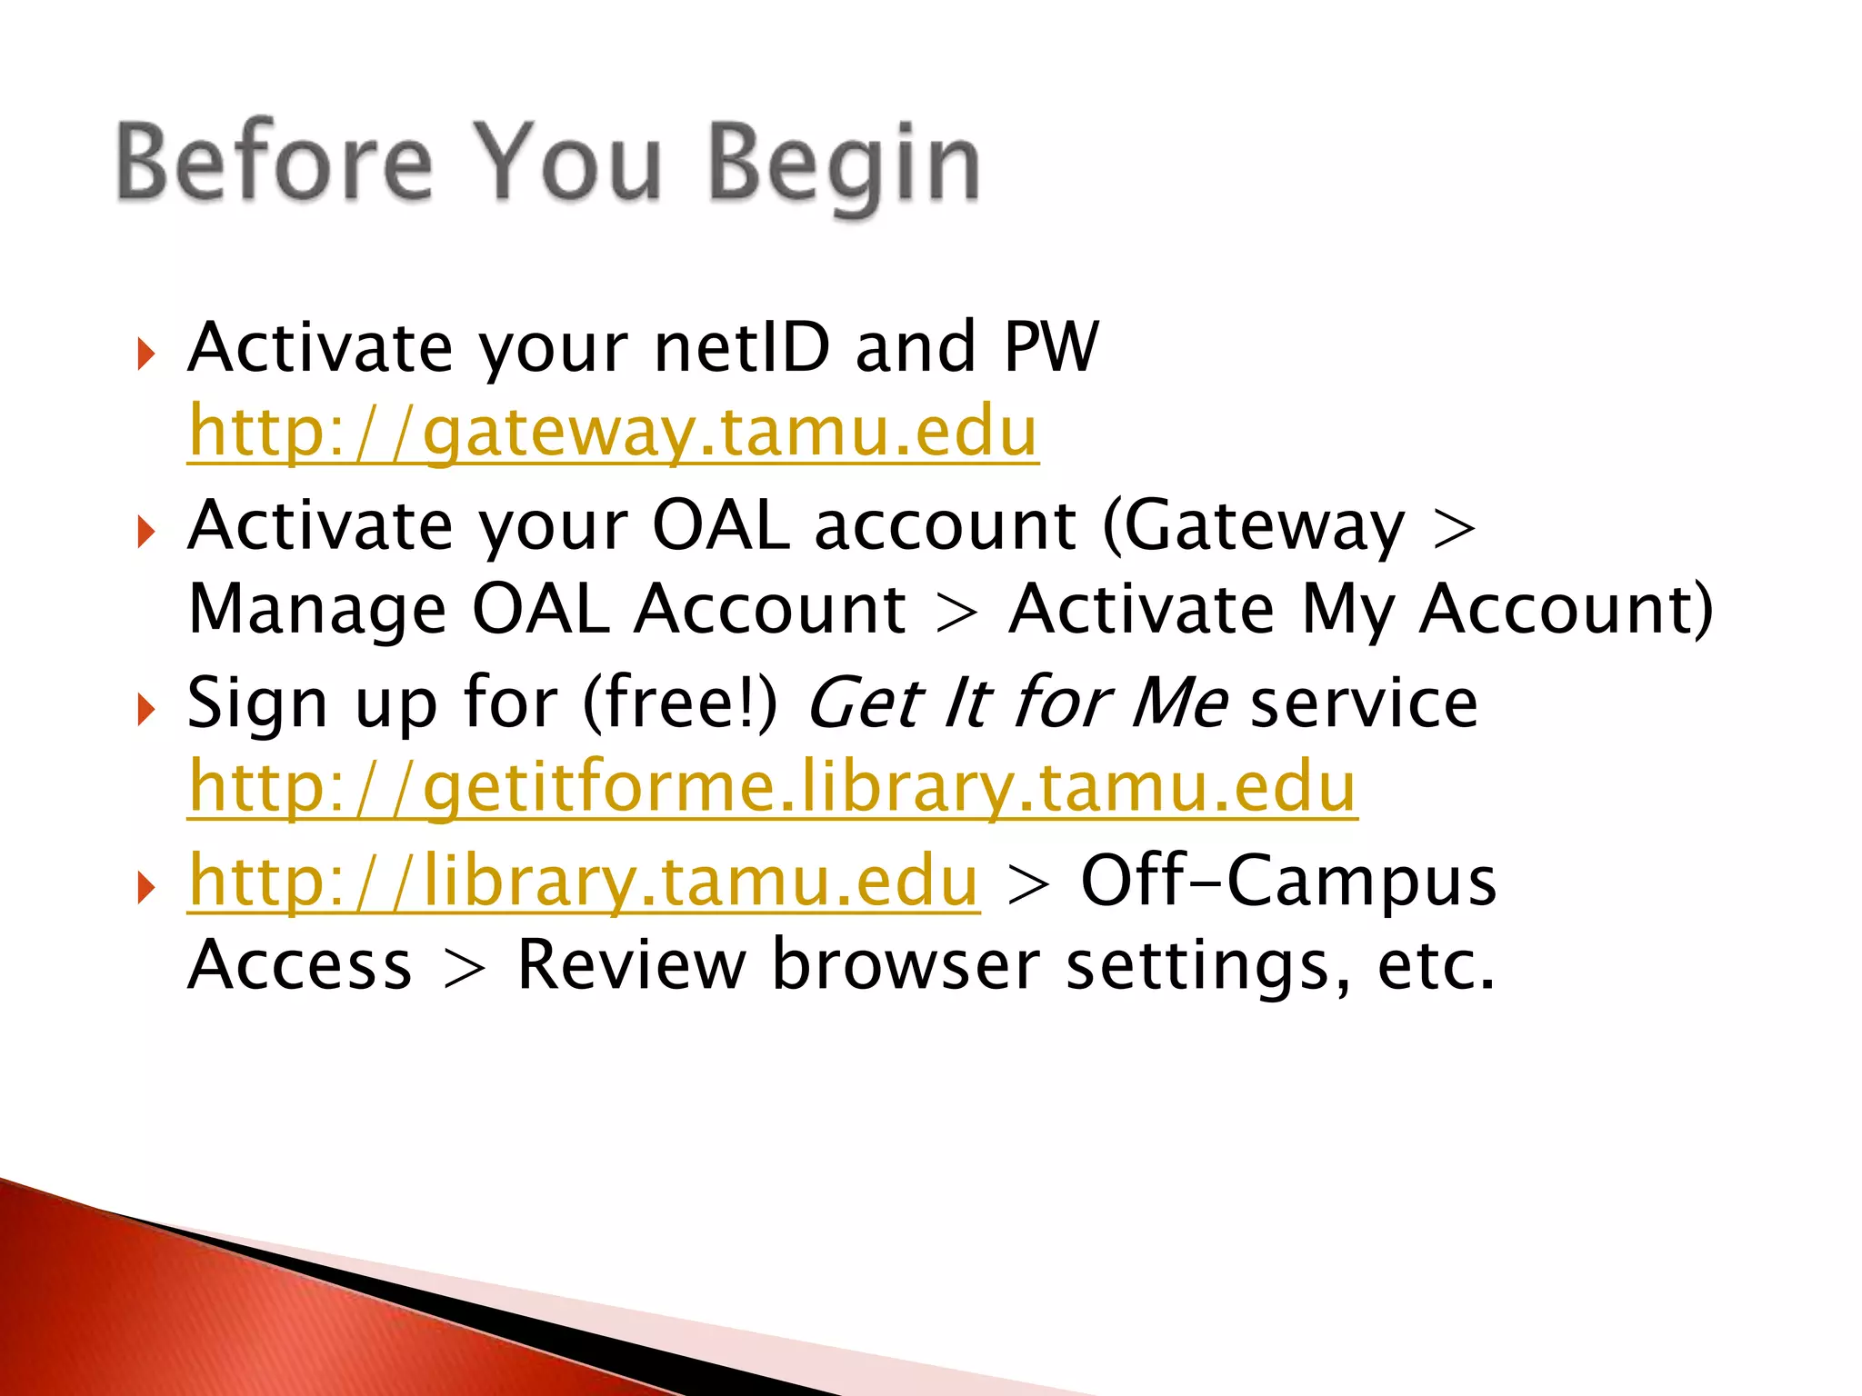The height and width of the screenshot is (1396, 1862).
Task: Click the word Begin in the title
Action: point(844,164)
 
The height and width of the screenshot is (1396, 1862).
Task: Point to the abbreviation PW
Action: point(1051,347)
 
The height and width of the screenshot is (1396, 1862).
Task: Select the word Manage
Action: point(317,609)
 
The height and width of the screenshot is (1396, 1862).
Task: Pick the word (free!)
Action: point(680,703)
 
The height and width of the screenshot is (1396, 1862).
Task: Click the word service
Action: point(1364,703)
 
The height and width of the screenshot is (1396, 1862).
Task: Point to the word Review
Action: point(631,964)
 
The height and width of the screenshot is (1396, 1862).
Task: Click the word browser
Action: point(906,964)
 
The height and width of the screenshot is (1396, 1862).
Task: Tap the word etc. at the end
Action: point(1436,966)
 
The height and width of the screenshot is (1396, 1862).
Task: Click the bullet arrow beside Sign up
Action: point(145,708)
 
